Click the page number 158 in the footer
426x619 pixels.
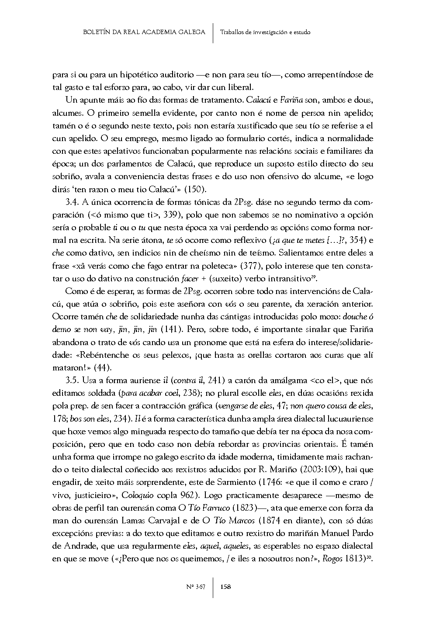(x=226, y=587)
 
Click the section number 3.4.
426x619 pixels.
(x=72, y=202)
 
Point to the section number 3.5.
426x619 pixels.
(x=72, y=380)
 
